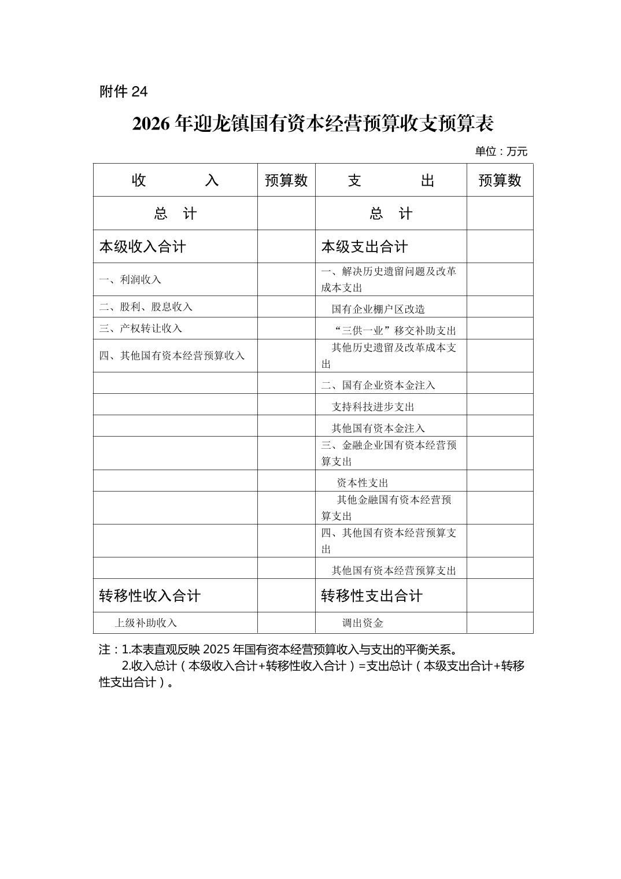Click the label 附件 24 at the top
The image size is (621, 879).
click(123, 91)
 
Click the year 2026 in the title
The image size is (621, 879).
click(151, 123)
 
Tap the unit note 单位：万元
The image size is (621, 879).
click(501, 152)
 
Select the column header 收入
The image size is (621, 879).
click(175, 180)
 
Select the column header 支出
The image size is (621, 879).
click(391, 180)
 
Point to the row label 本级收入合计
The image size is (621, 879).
click(142, 247)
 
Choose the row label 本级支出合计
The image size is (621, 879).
click(364, 247)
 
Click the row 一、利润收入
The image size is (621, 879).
click(130, 280)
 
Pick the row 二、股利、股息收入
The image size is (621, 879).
click(146, 307)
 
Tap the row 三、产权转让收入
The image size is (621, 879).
click(141, 328)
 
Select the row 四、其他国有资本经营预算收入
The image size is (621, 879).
click(172, 356)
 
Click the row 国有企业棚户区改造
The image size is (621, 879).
click(378, 309)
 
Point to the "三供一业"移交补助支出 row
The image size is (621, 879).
click(395, 331)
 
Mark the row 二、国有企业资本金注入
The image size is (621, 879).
click(378, 385)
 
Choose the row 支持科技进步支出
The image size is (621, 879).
click(373, 407)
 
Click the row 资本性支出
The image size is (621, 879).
click(363, 483)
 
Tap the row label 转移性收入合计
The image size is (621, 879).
click(150, 596)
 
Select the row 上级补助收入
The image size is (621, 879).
click(146, 623)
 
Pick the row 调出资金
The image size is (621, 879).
click(363, 623)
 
